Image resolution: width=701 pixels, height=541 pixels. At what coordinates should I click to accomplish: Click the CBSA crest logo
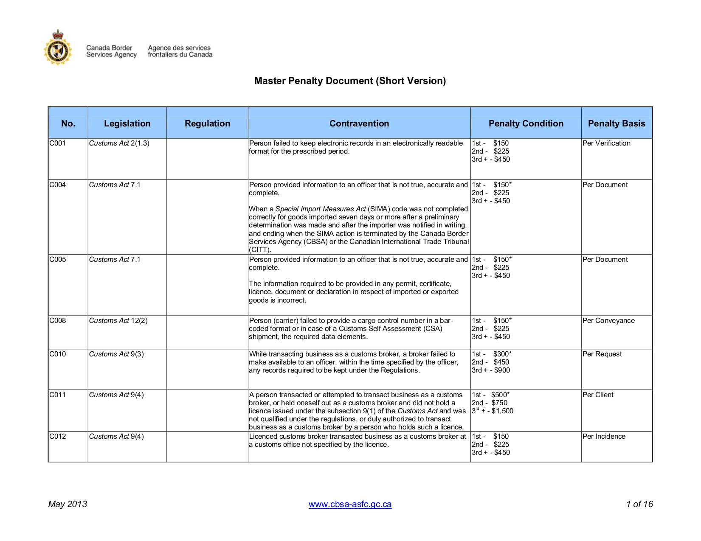click(x=58, y=48)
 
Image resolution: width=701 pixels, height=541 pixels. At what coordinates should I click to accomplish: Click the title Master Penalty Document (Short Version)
click(x=350, y=81)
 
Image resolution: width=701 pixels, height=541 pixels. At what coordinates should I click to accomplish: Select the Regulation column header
click(x=207, y=123)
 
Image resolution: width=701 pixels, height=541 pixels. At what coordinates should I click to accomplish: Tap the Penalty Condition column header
click(x=526, y=123)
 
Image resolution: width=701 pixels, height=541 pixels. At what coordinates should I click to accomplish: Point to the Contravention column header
click(x=359, y=123)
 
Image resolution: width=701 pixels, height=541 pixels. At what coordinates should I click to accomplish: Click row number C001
click(x=58, y=143)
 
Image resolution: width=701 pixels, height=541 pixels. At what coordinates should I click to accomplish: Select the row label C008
click(x=58, y=321)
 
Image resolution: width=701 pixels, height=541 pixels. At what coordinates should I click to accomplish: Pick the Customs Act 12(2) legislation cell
click(x=118, y=321)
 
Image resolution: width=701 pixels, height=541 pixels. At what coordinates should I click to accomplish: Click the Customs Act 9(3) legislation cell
click(x=116, y=354)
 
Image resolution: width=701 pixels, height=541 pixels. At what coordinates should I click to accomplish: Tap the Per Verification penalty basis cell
click(x=606, y=143)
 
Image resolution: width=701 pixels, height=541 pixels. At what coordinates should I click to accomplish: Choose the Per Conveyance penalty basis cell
click(x=608, y=321)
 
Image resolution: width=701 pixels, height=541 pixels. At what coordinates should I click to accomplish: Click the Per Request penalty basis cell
click(x=602, y=354)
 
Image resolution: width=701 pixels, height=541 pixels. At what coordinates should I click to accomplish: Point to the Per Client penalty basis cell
click(x=598, y=395)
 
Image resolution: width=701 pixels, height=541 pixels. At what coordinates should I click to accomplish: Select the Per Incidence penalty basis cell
click(x=604, y=437)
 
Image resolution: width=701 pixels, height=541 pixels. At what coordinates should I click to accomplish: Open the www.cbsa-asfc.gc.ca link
click(x=350, y=505)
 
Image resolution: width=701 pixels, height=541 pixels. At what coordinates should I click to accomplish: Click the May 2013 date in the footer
click(x=68, y=505)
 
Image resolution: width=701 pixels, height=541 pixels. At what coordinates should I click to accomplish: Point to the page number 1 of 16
click(x=639, y=505)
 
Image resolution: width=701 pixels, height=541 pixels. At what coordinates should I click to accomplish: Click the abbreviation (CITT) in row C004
click(x=260, y=250)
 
